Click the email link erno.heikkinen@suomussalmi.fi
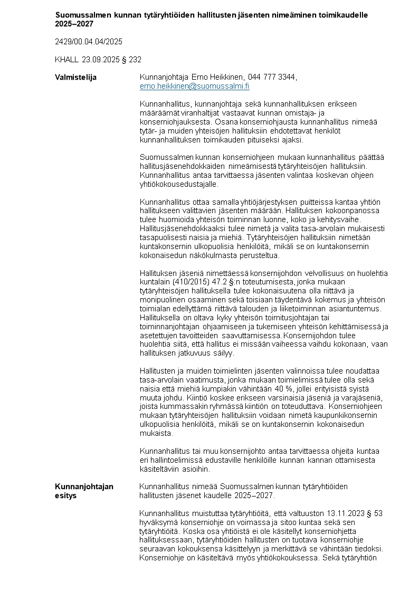click(194, 86)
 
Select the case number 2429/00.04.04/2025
click(89, 41)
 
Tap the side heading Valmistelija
click(75, 78)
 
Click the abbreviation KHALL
click(66, 60)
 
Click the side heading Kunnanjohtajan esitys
click(84, 491)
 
